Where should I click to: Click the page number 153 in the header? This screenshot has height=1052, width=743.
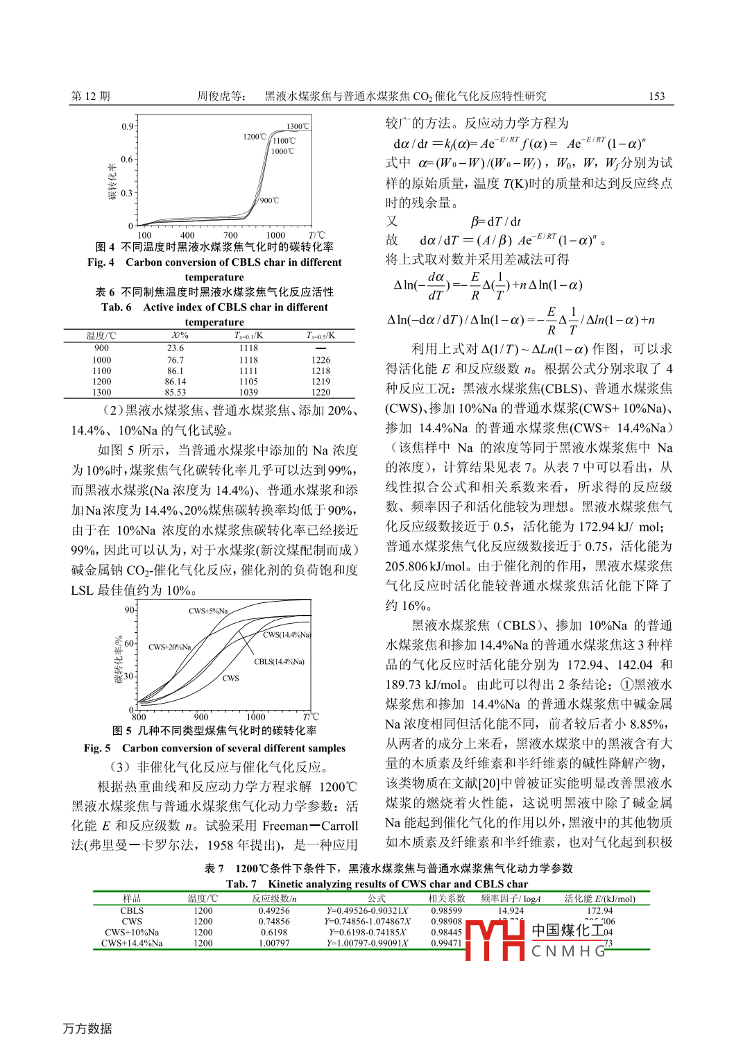pyautogui.click(x=656, y=96)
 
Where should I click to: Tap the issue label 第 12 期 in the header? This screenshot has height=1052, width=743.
pyautogui.click(x=90, y=96)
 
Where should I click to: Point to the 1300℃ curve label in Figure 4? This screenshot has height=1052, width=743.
pyautogui.click(x=298, y=126)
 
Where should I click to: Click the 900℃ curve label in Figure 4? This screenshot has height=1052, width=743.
pyautogui.click(x=269, y=201)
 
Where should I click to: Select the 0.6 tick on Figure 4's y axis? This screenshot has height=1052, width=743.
pyautogui.click(x=127, y=160)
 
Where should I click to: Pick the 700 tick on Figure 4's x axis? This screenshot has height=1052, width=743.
pyautogui.click(x=231, y=235)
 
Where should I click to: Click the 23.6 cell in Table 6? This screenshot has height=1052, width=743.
pyautogui.click(x=176, y=348)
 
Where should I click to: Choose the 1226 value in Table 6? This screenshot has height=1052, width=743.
pyautogui.click(x=321, y=360)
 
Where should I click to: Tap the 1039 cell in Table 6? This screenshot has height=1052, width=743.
pyautogui.click(x=248, y=392)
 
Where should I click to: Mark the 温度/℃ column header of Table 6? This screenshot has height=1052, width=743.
pyautogui.click(x=101, y=336)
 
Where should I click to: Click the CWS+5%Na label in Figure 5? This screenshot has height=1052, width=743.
pyautogui.click(x=208, y=611)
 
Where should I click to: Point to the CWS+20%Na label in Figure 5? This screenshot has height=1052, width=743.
pyautogui.click(x=169, y=647)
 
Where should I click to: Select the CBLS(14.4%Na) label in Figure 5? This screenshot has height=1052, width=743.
pyautogui.click(x=279, y=661)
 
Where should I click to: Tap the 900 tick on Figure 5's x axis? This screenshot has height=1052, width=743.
pyautogui.click(x=201, y=717)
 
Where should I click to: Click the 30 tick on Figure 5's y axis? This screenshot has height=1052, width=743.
pyautogui.click(x=129, y=676)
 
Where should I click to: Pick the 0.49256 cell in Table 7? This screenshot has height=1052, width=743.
pyautogui.click(x=274, y=910)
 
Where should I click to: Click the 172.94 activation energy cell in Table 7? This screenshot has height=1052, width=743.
pyautogui.click(x=599, y=910)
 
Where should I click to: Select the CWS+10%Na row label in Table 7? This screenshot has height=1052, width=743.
pyautogui.click(x=132, y=932)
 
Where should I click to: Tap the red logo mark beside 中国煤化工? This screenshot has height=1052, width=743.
pyautogui.click(x=494, y=940)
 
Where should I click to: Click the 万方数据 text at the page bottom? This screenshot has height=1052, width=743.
pyautogui.click(x=87, y=1028)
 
